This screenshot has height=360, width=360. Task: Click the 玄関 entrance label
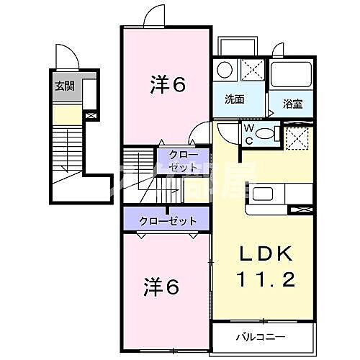(x=64, y=86)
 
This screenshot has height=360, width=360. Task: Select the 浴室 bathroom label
(x=292, y=104)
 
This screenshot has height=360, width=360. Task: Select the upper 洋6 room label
(x=168, y=84)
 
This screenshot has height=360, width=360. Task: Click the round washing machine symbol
(x=225, y=71)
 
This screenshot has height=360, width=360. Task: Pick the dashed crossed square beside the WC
(x=297, y=136)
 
